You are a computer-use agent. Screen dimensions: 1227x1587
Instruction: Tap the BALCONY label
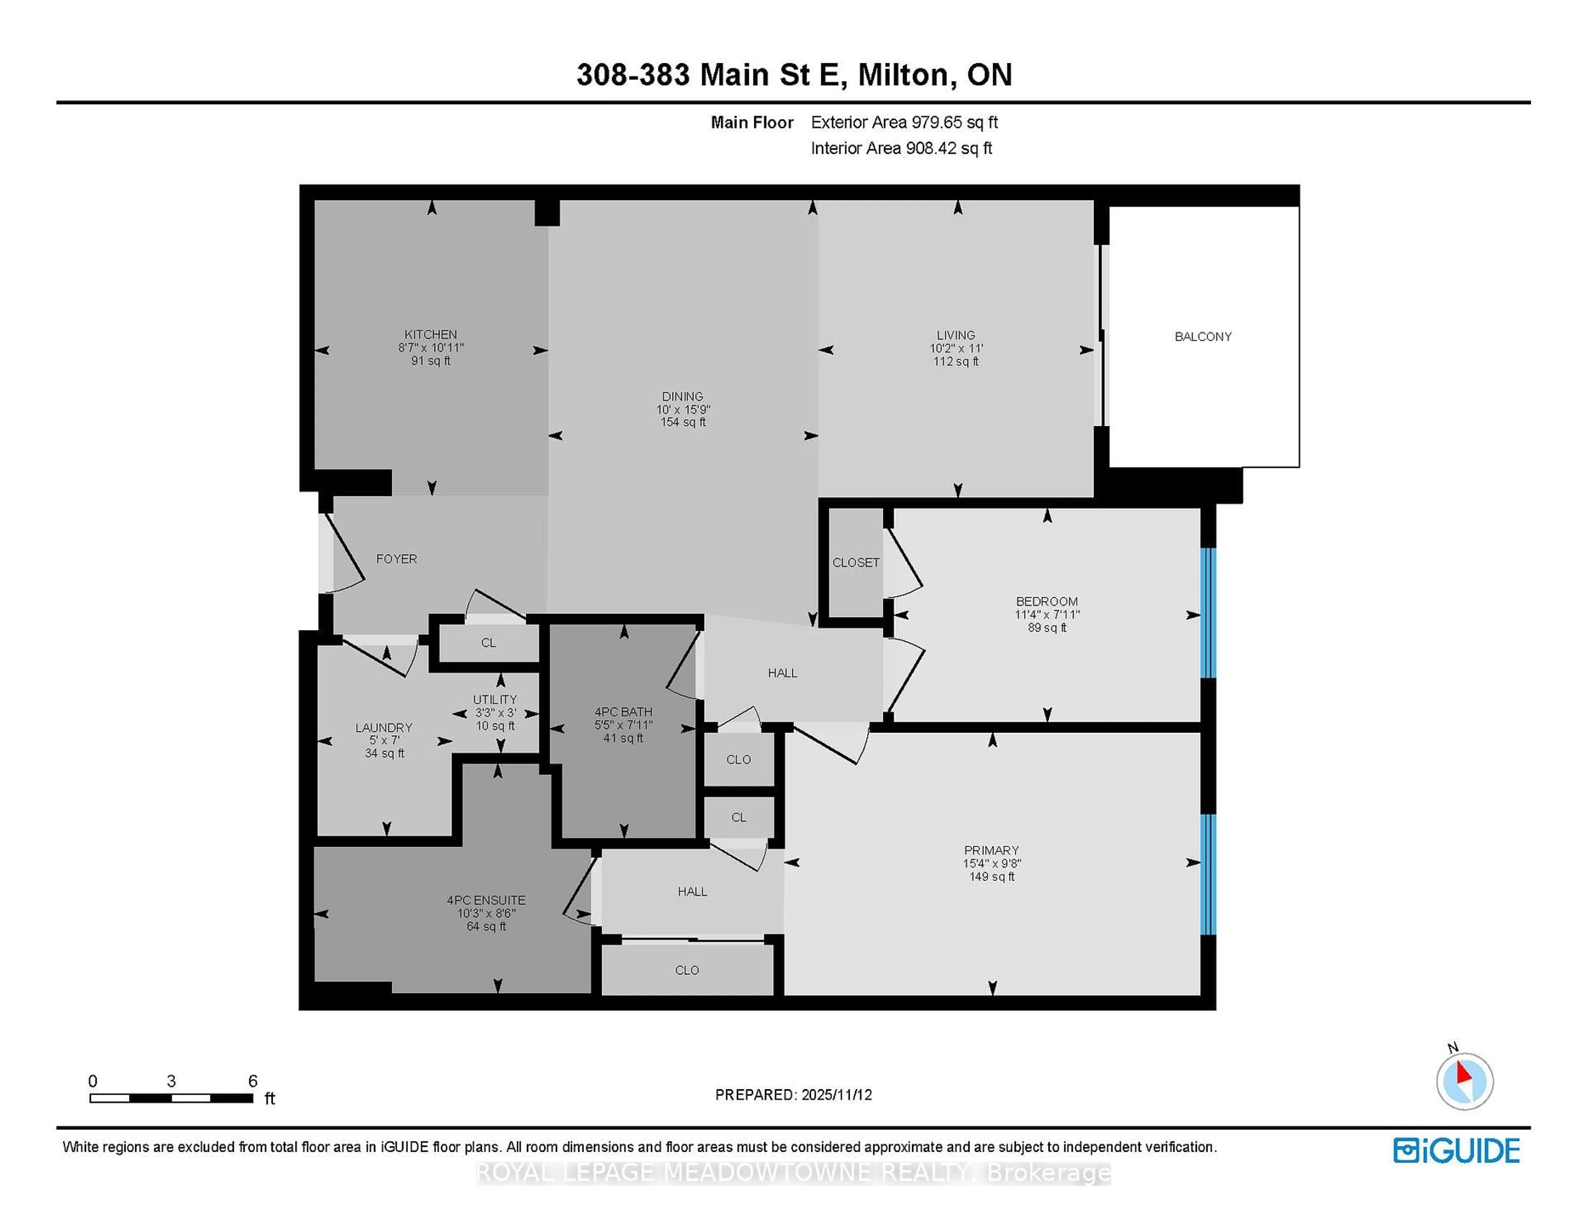(1203, 337)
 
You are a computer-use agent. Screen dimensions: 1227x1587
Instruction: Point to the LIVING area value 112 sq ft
(956, 361)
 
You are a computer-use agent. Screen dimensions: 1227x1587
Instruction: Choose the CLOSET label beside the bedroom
(855, 563)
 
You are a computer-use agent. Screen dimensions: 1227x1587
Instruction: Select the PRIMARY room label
(991, 850)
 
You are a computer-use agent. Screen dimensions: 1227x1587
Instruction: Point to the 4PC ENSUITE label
(486, 900)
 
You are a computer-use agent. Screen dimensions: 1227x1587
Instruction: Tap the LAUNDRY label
(384, 727)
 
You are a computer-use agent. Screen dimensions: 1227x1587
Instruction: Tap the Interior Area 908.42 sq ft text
(901, 148)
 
